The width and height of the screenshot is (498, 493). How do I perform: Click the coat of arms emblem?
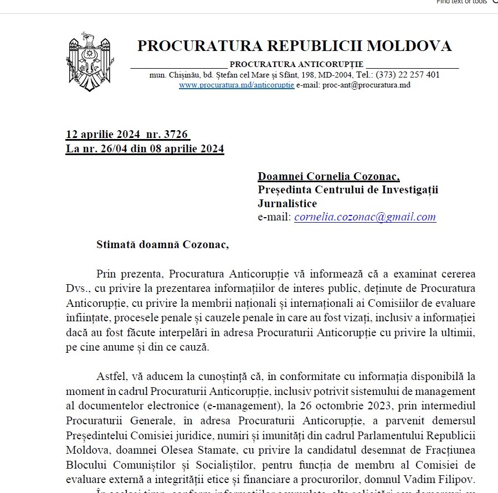pyautogui.click(x=89, y=61)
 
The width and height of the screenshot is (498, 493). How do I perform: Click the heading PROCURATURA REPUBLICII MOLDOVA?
pyautogui.click(x=294, y=45)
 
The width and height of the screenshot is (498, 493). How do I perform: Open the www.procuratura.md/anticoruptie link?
pyautogui.click(x=237, y=85)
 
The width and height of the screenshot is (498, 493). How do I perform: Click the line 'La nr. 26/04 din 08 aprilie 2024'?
pyautogui.click(x=145, y=148)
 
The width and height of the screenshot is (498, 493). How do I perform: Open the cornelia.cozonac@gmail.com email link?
pyautogui.click(x=365, y=217)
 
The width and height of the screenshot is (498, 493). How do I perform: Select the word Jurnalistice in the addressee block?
pyautogui.click(x=287, y=203)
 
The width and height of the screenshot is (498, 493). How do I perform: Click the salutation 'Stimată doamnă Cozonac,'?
pyautogui.click(x=162, y=244)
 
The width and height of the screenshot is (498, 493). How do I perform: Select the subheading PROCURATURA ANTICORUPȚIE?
pyautogui.click(x=296, y=64)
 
